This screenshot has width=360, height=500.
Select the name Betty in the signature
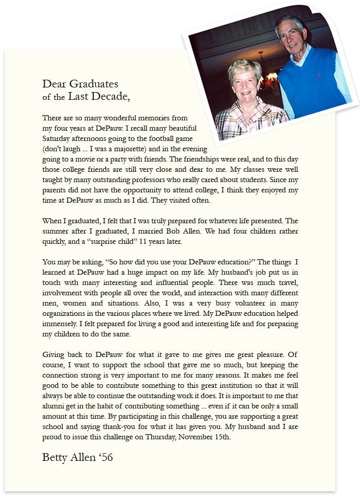coord(55,457)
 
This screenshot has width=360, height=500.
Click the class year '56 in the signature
coord(103,457)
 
